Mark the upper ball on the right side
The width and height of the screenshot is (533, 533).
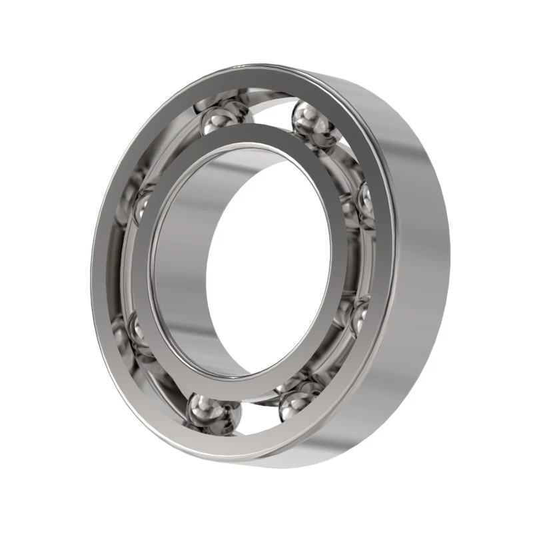pyautogui.click(x=363, y=200)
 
